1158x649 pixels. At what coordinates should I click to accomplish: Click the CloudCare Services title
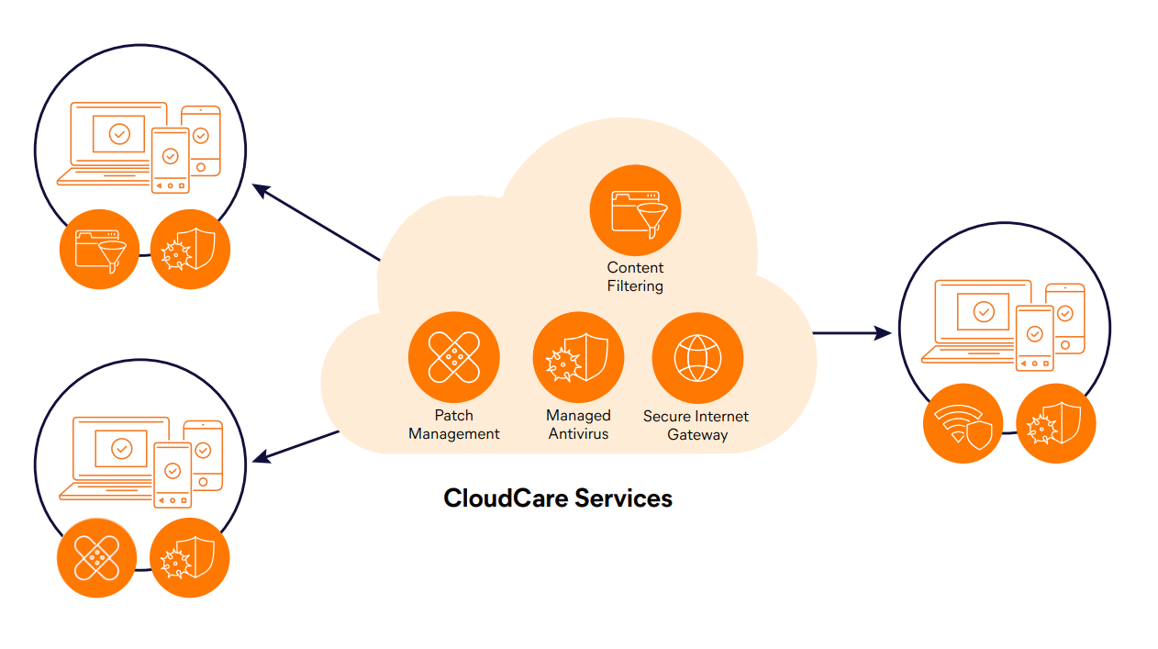pyautogui.click(x=558, y=498)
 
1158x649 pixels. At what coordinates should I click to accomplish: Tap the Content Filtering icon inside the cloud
pyautogui.click(x=635, y=210)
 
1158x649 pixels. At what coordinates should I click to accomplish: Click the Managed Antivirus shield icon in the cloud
pyautogui.click(x=578, y=357)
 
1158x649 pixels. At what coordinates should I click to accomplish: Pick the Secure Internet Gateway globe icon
pyautogui.click(x=697, y=357)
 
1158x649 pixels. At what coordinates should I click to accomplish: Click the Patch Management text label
pyautogui.click(x=453, y=425)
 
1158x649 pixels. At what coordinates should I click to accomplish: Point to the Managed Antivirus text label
pyautogui.click(x=578, y=425)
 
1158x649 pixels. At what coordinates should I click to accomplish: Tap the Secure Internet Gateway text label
pyautogui.click(x=696, y=425)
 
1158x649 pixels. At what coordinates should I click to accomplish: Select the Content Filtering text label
pyautogui.click(x=635, y=277)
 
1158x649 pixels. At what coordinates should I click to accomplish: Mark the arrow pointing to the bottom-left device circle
pyautogui.click(x=298, y=445)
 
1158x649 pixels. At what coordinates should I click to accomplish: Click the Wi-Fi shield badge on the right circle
pyautogui.click(x=963, y=423)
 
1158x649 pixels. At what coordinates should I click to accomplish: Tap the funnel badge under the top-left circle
pyautogui.click(x=99, y=250)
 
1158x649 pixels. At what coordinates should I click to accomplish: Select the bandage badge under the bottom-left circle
pyautogui.click(x=96, y=558)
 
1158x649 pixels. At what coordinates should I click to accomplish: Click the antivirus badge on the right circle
pyautogui.click(x=1056, y=423)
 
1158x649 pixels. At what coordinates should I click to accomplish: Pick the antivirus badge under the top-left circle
pyautogui.click(x=190, y=250)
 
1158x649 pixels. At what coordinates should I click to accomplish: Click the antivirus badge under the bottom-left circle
pyautogui.click(x=189, y=558)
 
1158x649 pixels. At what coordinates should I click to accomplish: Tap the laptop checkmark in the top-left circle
pyautogui.click(x=119, y=134)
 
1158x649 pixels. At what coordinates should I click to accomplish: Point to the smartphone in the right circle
pyautogui.click(x=1034, y=337)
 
